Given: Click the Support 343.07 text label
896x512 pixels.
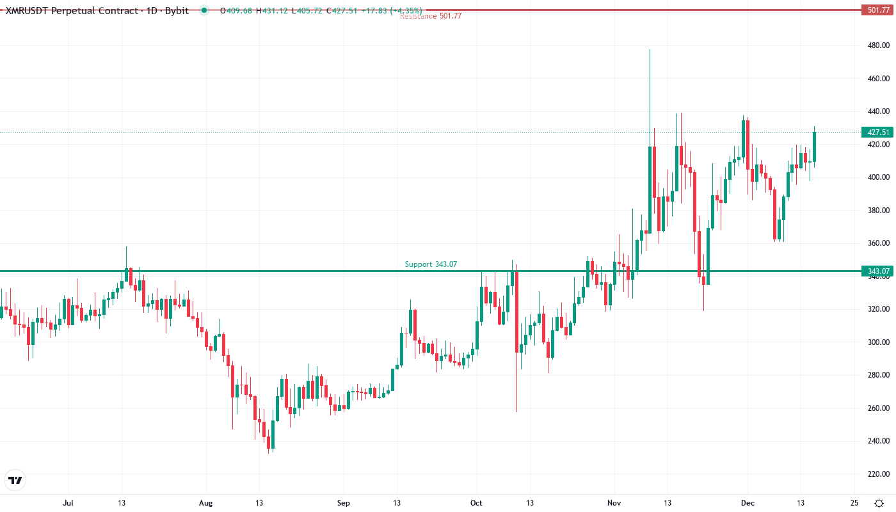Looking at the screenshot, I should pos(431,264).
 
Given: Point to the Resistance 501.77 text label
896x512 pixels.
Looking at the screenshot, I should pos(431,16).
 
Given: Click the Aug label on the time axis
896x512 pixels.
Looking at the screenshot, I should pos(205,502).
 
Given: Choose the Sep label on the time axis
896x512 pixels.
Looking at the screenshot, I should pos(344,502).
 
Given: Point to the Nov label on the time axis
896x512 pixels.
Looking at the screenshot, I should pos(614,502).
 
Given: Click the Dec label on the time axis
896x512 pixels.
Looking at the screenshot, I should pos(747,502).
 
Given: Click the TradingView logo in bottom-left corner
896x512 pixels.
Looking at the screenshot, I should pos(15,480).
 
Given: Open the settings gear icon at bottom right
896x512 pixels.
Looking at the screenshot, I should pos(879,502).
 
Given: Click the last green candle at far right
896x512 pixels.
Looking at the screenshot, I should pos(815,147).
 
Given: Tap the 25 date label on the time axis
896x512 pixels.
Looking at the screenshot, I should pos(854,502).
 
